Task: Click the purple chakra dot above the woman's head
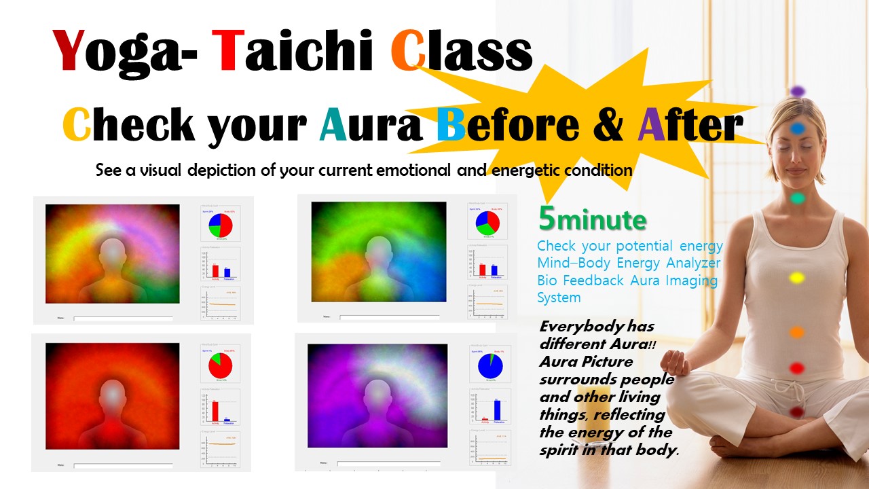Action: click(x=798, y=91)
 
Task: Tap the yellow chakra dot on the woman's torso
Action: click(x=797, y=278)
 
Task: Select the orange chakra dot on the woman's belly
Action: click(x=797, y=332)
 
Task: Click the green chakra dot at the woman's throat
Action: click(x=798, y=198)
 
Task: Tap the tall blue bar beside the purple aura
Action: click(x=497, y=410)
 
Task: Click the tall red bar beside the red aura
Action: click(x=215, y=411)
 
